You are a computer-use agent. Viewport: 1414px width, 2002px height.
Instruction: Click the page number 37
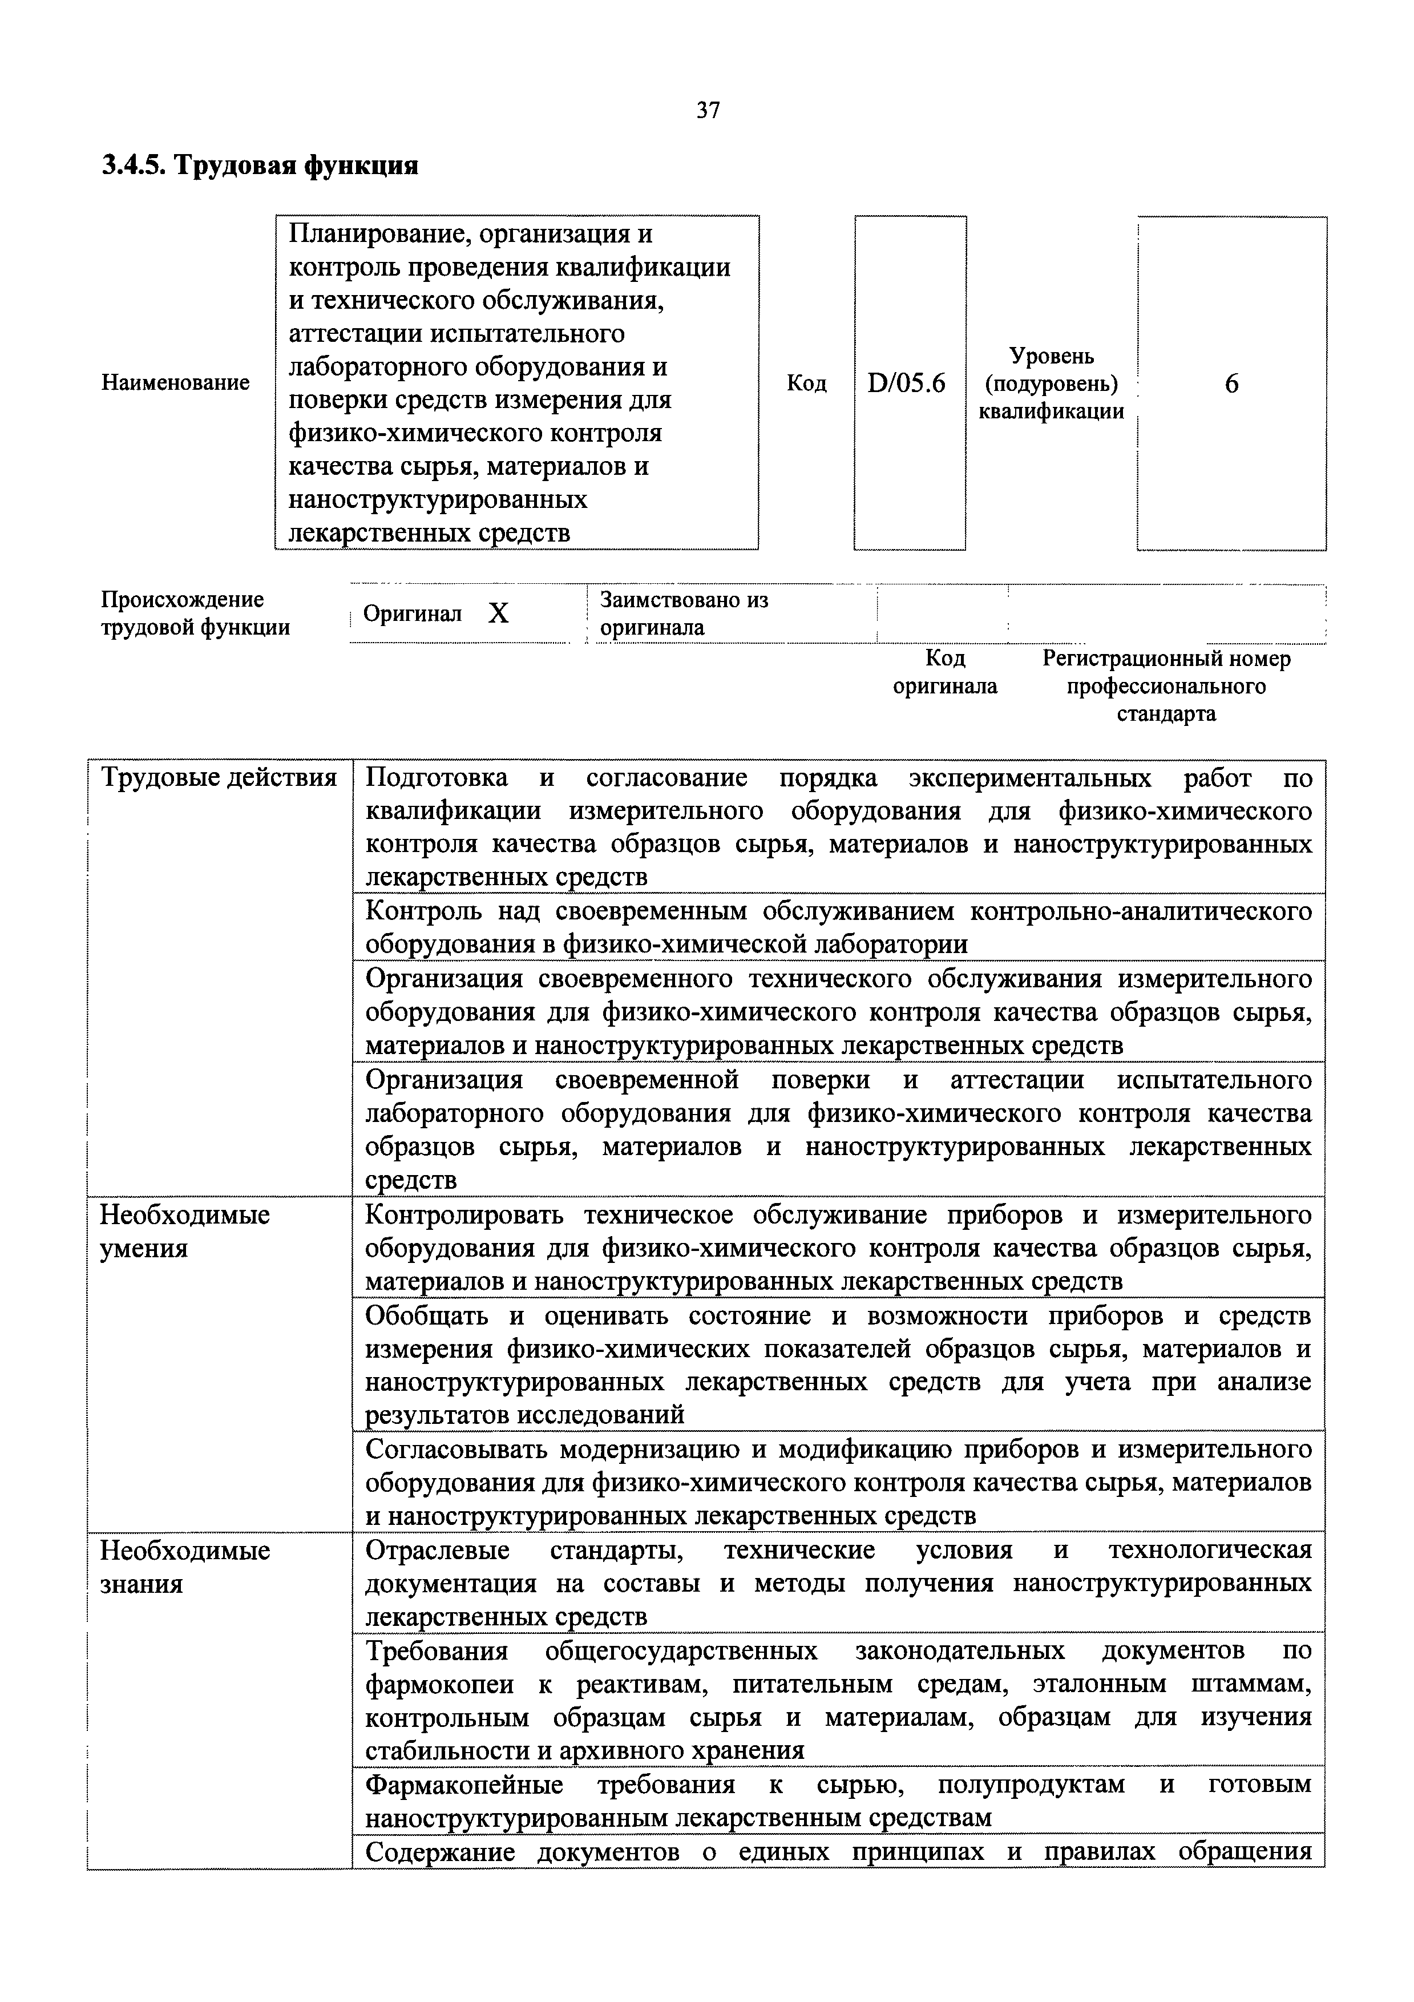[x=707, y=110]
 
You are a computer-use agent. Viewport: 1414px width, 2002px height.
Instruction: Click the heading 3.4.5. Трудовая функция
[x=260, y=165]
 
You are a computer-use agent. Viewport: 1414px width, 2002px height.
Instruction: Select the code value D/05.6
[x=907, y=384]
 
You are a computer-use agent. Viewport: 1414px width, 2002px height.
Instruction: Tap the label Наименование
[x=175, y=383]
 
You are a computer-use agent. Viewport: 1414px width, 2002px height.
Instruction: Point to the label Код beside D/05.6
[x=806, y=384]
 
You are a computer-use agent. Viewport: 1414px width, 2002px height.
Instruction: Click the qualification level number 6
[x=1231, y=384]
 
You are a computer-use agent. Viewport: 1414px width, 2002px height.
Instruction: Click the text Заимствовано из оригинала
[x=684, y=614]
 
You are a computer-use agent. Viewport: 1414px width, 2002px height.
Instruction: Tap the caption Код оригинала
[x=945, y=671]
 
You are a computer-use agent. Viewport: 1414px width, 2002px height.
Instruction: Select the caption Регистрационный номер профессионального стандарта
[x=1166, y=685]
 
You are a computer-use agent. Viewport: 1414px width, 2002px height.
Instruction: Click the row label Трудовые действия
[x=220, y=778]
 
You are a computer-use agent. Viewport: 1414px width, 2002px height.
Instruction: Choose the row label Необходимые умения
[x=185, y=1231]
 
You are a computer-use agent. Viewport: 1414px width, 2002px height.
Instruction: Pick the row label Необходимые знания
[x=185, y=1567]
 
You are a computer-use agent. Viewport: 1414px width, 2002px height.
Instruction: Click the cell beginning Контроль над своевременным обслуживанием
[x=837, y=927]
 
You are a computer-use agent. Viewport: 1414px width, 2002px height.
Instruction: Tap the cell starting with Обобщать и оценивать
[x=837, y=1365]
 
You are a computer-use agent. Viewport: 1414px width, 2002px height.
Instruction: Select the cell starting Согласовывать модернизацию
[x=837, y=1482]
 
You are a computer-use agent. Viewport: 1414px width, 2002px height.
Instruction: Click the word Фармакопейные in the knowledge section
[x=464, y=1785]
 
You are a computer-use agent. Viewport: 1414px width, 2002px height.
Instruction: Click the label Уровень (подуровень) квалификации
[x=1051, y=384]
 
